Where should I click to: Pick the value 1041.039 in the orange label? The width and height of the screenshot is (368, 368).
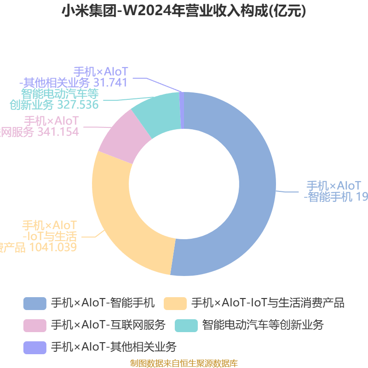click(53, 247)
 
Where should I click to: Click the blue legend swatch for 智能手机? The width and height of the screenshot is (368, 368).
click(34, 303)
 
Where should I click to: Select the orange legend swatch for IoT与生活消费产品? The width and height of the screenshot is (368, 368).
click(175, 303)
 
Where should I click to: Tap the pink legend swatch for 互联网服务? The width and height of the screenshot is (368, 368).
click(34, 325)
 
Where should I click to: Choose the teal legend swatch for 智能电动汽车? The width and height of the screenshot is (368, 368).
click(186, 325)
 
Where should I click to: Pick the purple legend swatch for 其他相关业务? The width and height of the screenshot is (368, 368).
click(34, 347)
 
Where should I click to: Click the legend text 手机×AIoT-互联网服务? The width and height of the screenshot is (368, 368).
click(108, 325)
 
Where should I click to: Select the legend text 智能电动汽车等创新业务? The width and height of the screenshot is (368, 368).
click(263, 325)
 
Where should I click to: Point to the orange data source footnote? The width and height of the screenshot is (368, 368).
click(184, 363)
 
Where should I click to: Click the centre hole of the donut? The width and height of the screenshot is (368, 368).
click(184, 184)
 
